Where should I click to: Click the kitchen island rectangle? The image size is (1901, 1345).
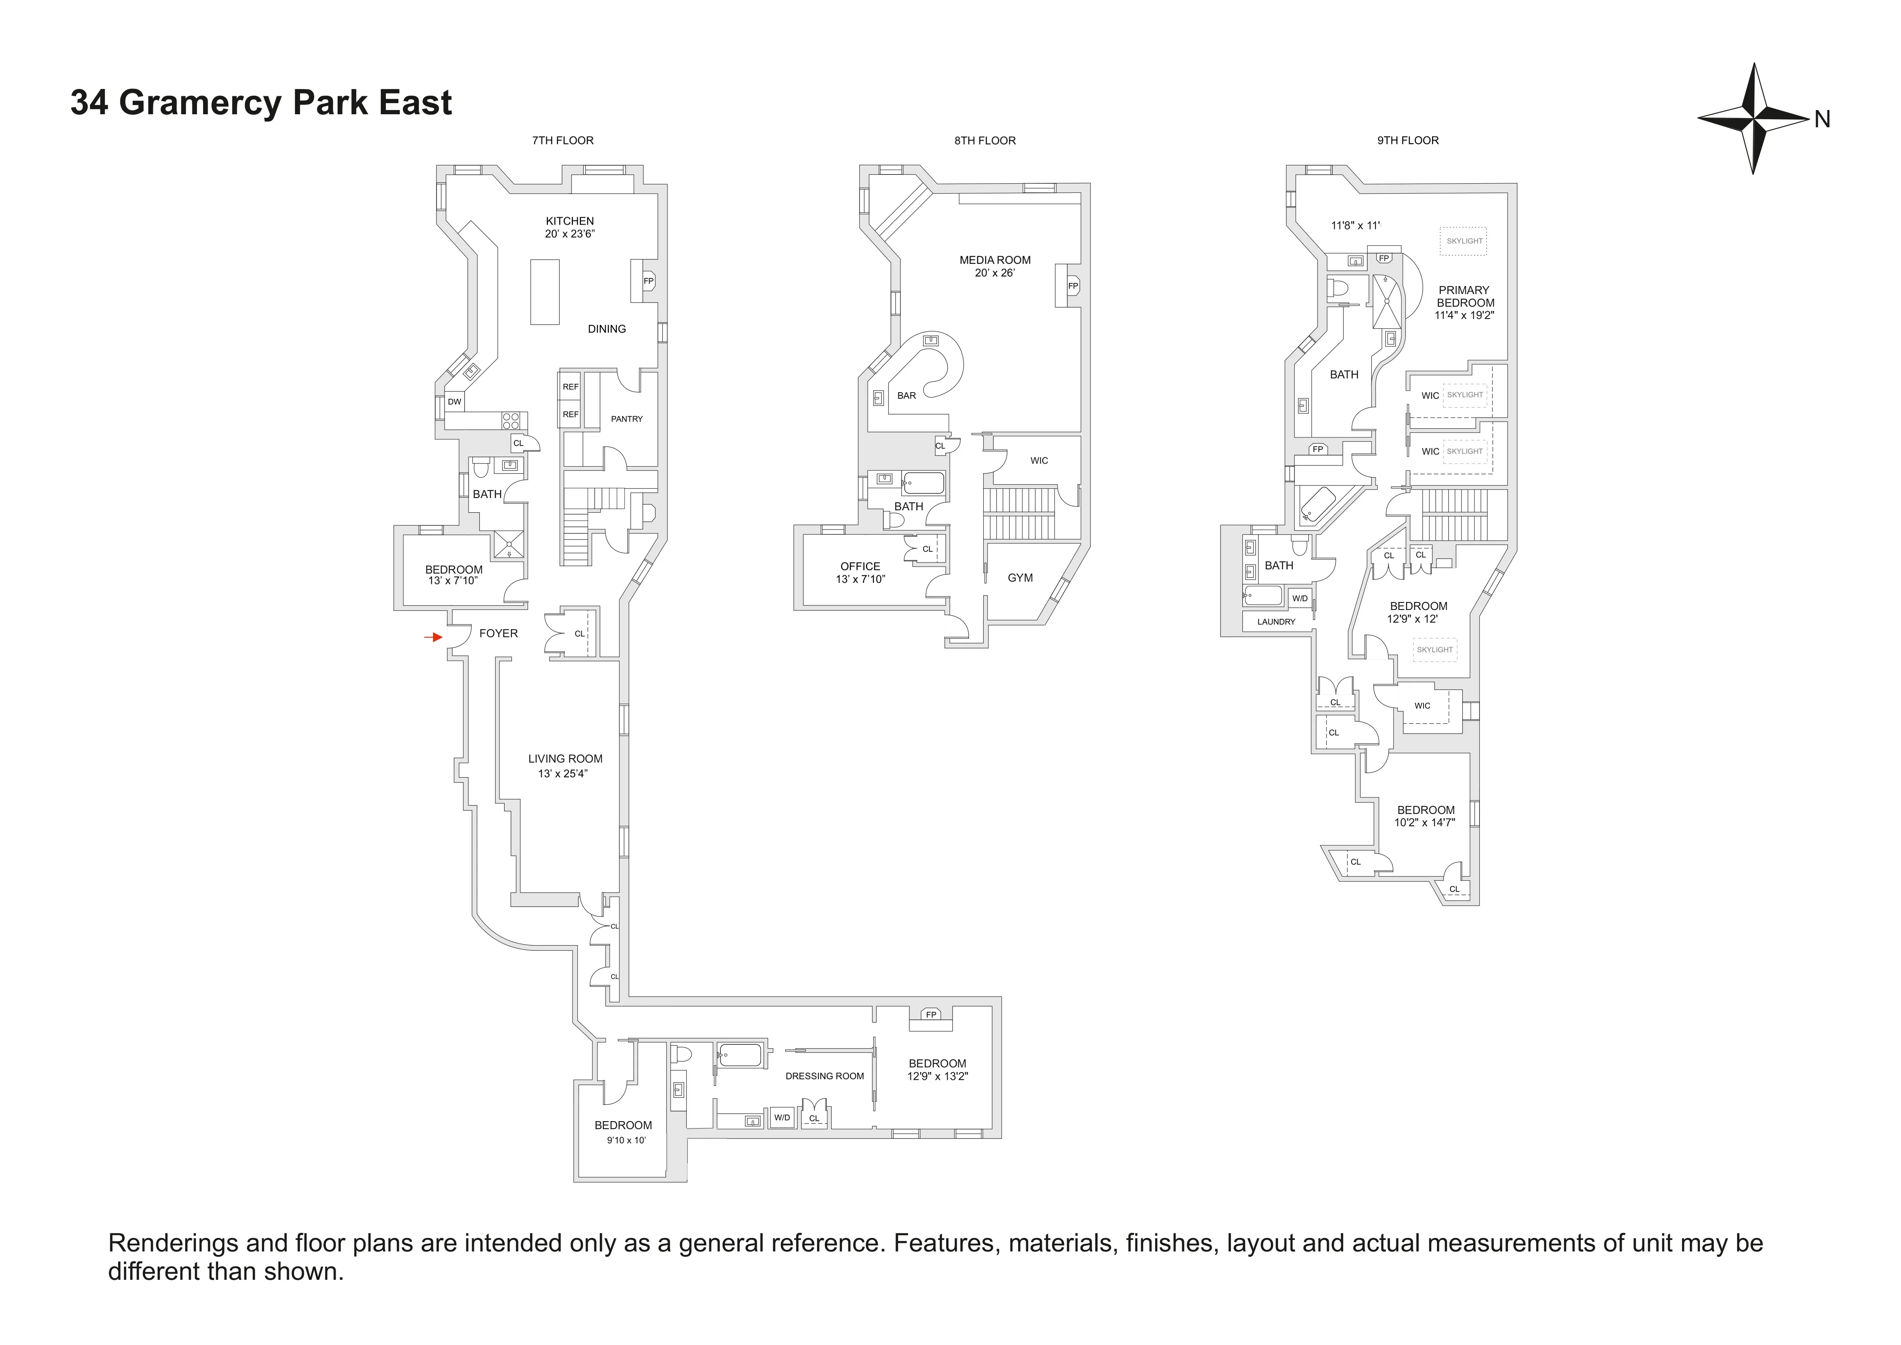click(x=544, y=291)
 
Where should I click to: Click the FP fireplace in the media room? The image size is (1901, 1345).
click(x=1072, y=286)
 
